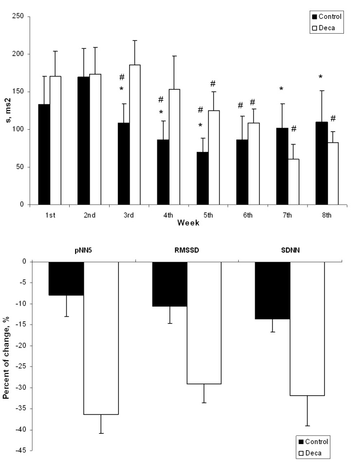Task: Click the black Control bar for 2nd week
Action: click(x=83, y=141)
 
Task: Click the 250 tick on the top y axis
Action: click(x=21, y=17)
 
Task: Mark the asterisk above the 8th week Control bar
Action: click(x=321, y=77)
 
